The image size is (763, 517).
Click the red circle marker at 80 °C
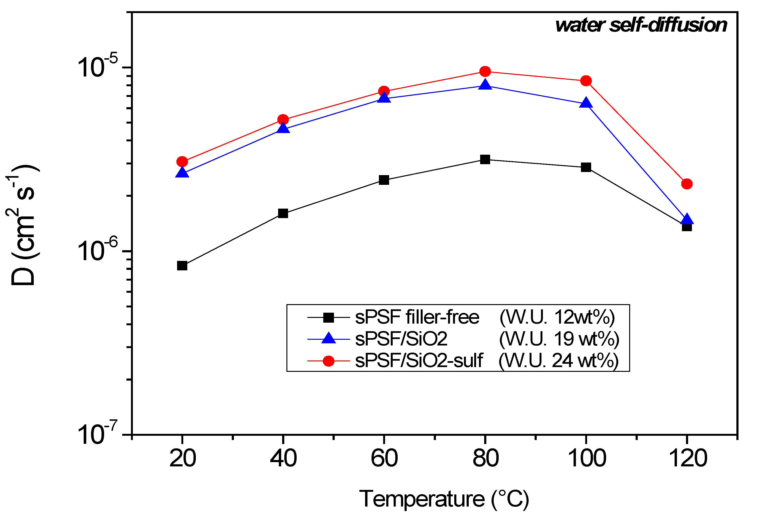coord(485,71)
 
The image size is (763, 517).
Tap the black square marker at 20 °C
coord(182,266)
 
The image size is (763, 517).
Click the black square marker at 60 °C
coord(384,180)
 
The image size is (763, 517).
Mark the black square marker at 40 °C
coord(283,213)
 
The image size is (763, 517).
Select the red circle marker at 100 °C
coord(586,81)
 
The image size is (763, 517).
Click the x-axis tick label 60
coord(384,458)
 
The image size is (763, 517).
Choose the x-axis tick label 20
coord(183,458)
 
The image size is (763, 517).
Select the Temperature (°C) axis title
coord(444,499)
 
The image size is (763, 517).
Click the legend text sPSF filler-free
coord(417,317)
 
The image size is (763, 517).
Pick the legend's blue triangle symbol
coord(328,338)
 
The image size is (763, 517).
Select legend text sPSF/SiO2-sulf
coord(419,360)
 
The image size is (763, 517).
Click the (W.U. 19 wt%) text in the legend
coord(559,339)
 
